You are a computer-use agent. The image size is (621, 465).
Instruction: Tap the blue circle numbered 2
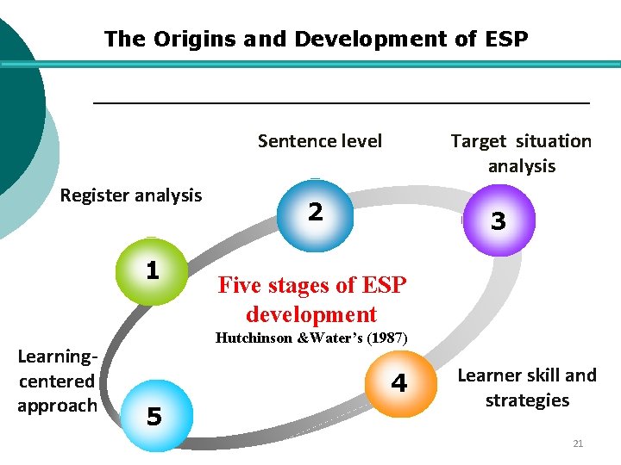point(316,212)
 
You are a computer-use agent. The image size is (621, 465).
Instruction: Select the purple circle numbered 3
point(498,221)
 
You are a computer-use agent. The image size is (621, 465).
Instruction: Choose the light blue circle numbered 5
point(154,418)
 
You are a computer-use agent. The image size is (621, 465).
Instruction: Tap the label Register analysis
point(130,195)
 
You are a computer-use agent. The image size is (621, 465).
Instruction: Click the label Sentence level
point(319,141)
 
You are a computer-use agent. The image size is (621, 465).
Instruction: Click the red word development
point(311,314)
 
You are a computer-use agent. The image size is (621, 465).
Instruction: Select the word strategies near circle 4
point(527,400)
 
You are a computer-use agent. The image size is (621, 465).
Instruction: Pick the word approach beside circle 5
point(57,406)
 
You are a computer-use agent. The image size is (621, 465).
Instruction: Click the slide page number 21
point(578,443)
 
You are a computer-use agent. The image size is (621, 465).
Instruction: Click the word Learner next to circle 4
point(486,375)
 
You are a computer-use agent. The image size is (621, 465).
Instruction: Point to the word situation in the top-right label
point(555,141)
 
